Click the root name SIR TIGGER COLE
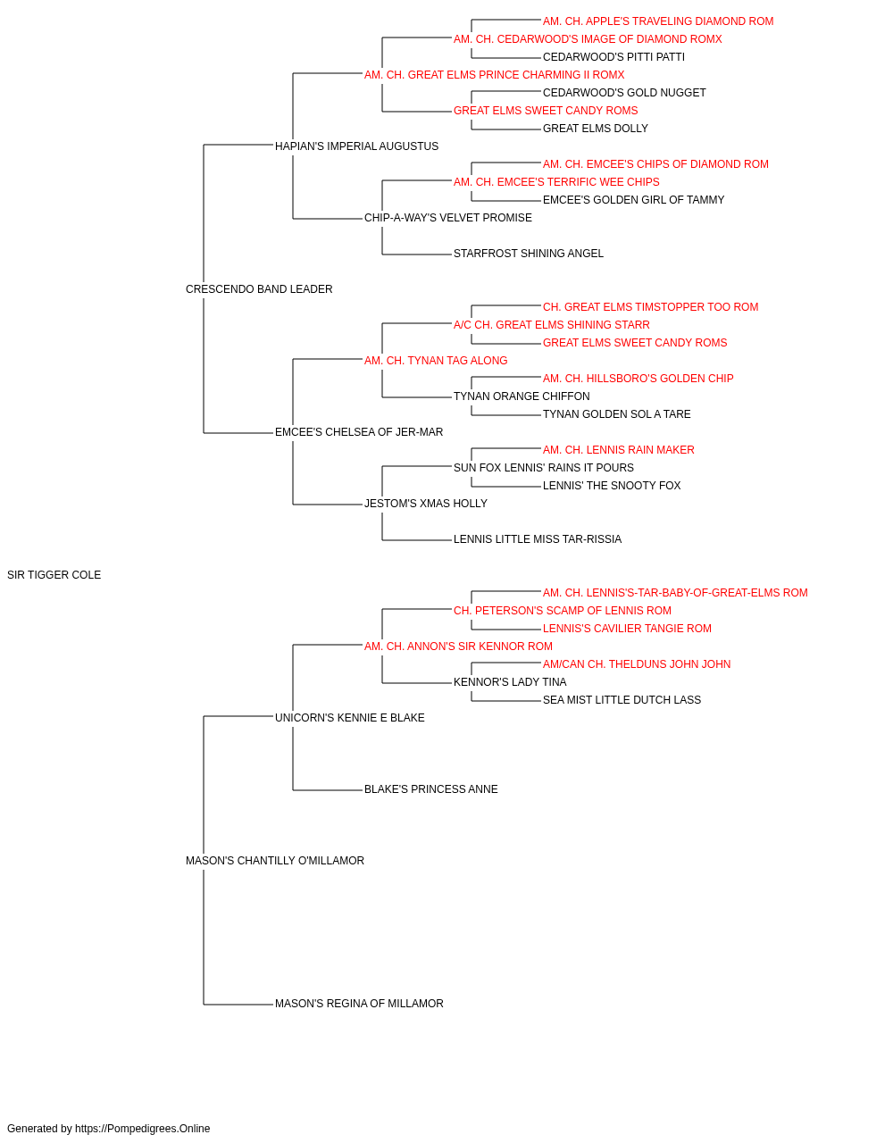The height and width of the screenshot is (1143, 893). [54, 575]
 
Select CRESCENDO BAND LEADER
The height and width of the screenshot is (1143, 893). [259, 289]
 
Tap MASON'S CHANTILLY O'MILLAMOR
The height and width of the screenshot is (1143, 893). [274, 861]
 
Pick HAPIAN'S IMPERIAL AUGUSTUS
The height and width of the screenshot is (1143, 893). [356, 146]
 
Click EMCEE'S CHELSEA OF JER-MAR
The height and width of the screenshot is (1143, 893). [359, 432]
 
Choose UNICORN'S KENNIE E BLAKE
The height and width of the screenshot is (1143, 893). [350, 718]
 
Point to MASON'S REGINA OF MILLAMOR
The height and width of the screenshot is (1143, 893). [359, 1004]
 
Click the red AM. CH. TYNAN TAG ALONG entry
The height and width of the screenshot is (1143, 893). [436, 361]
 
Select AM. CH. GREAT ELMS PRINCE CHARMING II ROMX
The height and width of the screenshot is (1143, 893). [495, 75]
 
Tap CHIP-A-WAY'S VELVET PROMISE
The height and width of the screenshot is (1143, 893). [448, 218]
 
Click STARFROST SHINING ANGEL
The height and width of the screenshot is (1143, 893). [529, 254]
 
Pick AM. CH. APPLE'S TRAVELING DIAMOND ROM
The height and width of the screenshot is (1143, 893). [658, 21]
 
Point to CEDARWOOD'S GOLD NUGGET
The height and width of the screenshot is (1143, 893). [624, 93]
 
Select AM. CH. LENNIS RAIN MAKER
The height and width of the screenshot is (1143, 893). [619, 450]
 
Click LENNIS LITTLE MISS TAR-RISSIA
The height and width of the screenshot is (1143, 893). [538, 539]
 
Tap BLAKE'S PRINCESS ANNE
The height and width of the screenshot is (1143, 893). [430, 789]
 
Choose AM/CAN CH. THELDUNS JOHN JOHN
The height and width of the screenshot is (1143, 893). [637, 664]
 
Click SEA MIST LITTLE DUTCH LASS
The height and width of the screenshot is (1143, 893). [622, 700]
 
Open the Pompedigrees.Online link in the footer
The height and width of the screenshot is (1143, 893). [142, 1129]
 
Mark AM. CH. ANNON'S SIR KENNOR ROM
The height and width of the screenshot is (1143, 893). [458, 647]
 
